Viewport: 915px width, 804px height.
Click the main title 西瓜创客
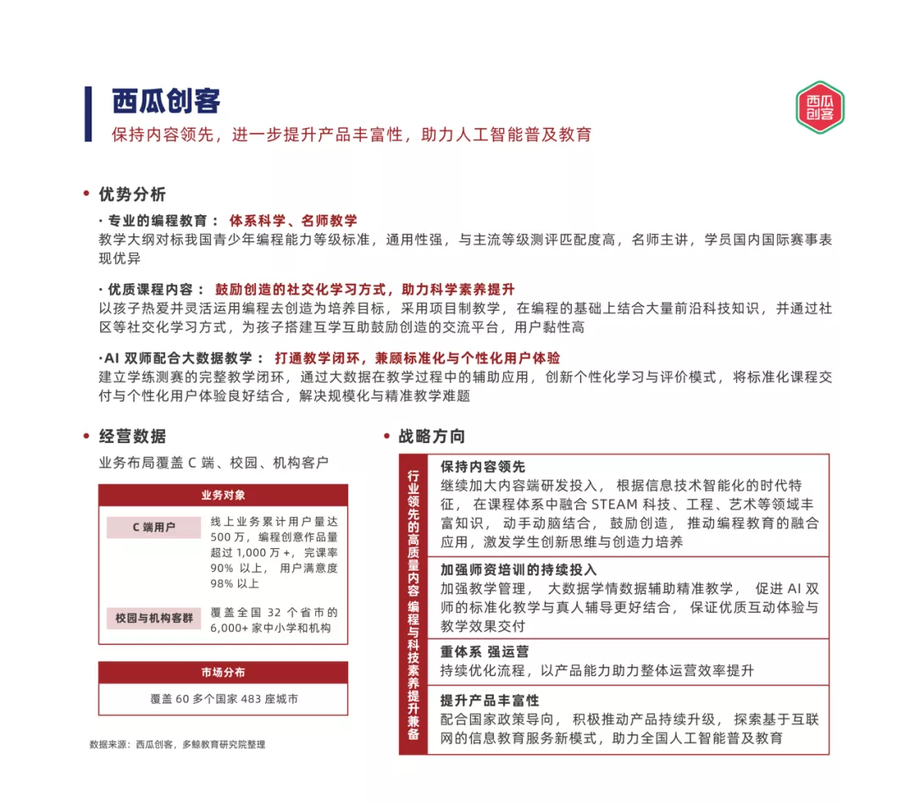[166, 101]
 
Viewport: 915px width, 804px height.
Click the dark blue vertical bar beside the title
[88, 114]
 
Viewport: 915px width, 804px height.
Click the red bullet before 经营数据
[86, 436]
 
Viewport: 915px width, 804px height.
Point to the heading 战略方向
[431, 436]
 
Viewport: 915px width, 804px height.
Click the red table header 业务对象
[223, 495]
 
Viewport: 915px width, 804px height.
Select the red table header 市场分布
[223, 672]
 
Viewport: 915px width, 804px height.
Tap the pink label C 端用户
[153, 527]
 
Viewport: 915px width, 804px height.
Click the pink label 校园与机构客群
[153, 618]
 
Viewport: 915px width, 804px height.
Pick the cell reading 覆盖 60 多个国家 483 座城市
[224, 699]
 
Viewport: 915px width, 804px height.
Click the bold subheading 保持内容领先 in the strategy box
[483, 467]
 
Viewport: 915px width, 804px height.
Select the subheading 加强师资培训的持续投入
[518, 569]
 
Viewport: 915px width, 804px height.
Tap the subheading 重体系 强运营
[485, 652]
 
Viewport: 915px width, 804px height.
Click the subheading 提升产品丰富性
[490, 701]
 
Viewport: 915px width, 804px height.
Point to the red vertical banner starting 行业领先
[413, 604]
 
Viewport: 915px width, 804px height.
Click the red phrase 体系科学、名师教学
[293, 220]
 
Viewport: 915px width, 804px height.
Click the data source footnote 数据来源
[178, 744]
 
